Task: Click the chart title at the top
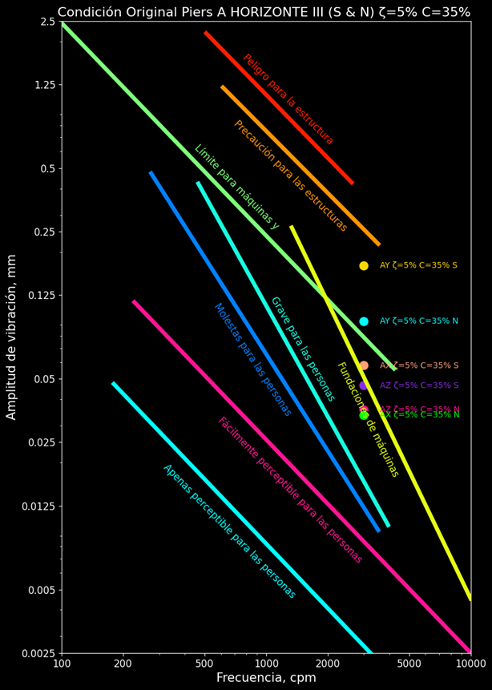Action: click(264, 12)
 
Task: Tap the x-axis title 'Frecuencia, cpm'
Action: click(266, 678)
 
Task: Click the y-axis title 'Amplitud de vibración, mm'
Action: click(12, 337)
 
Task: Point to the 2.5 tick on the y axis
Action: click(47, 22)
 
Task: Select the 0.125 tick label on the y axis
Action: click(40, 296)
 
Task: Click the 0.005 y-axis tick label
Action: click(40, 590)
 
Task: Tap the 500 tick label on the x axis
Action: click(204, 664)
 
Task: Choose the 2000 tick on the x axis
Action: click(328, 664)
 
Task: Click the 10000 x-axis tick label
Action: click(470, 664)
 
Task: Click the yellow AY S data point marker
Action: click(364, 265)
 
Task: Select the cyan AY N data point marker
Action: click(364, 321)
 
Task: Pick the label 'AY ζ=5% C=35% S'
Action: click(418, 265)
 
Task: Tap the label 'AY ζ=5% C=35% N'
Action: click(418, 321)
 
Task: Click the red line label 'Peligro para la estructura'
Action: click(288, 99)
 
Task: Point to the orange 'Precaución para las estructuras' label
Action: click(290, 176)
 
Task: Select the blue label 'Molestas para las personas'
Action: click(252, 359)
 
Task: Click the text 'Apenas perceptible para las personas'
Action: click(229, 531)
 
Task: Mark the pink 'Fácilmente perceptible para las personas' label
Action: click(290, 490)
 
